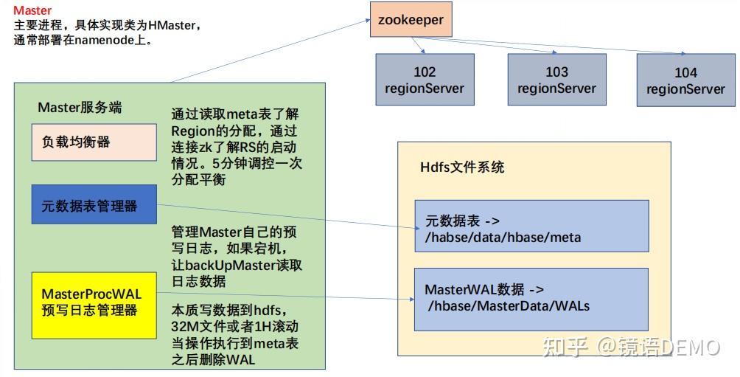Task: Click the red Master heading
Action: (x=32, y=10)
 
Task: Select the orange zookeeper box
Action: (x=411, y=20)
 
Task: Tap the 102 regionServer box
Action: (x=425, y=80)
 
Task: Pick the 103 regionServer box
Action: (x=556, y=80)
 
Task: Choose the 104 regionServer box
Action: (x=685, y=80)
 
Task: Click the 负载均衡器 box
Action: (x=94, y=142)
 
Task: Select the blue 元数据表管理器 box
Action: (x=94, y=205)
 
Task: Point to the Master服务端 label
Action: (x=80, y=108)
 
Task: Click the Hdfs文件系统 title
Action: (x=462, y=167)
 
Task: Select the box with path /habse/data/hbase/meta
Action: (x=531, y=228)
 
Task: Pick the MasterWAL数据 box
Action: (x=531, y=298)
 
